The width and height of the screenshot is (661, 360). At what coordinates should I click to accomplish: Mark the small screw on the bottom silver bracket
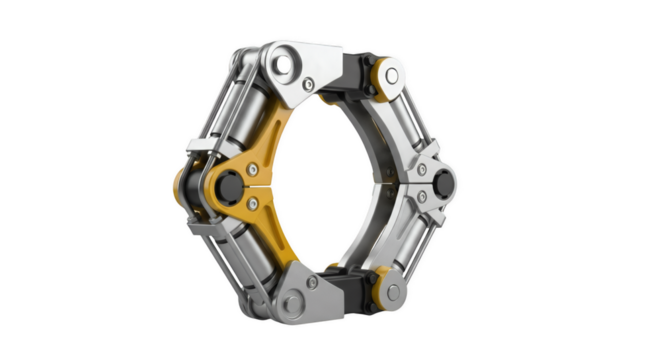(313, 283)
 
